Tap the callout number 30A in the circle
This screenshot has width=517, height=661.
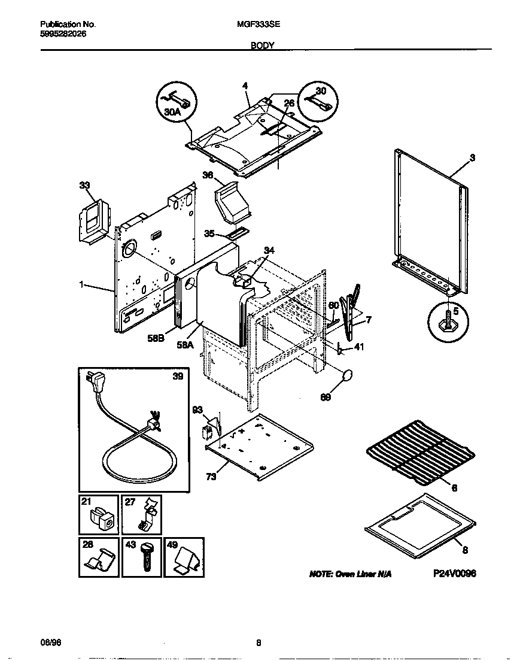point(172,111)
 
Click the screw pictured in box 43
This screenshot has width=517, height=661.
point(146,557)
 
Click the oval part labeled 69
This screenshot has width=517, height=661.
point(347,376)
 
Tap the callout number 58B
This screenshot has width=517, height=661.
point(156,339)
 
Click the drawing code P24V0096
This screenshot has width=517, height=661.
point(454,573)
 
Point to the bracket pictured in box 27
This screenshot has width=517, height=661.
point(146,516)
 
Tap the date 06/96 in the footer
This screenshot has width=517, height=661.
point(50,644)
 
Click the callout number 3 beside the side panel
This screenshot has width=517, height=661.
point(472,157)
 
